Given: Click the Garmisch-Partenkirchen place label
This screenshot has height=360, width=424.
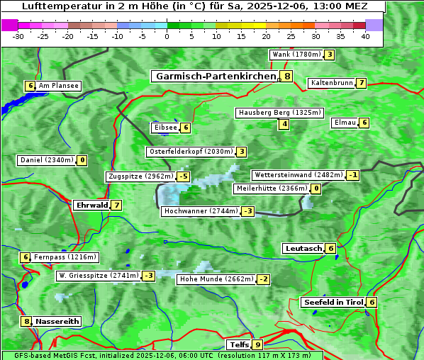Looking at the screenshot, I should (x=215, y=76).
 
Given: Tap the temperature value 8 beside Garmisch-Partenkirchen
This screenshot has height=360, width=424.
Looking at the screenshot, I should (x=286, y=76).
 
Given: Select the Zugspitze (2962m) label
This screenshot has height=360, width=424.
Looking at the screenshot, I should (x=140, y=176).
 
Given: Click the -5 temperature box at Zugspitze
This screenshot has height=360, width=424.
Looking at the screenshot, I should (x=184, y=176).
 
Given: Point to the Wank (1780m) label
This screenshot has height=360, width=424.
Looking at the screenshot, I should (x=296, y=55).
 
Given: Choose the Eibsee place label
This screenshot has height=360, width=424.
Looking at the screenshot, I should (x=164, y=128).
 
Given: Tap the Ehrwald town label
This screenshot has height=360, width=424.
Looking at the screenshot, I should (x=91, y=206).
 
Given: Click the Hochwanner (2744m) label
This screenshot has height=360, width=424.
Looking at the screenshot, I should (x=201, y=211).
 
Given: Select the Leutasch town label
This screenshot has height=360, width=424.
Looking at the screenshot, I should (x=303, y=249).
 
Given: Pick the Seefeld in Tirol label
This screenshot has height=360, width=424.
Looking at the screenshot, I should (x=333, y=302).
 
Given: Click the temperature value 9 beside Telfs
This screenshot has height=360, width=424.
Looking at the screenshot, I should (x=257, y=345).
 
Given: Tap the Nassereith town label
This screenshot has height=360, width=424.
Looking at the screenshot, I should (x=57, y=321).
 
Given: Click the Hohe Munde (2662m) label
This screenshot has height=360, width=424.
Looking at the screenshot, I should (x=216, y=279).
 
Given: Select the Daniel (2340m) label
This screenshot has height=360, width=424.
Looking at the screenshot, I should (x=46, y=160).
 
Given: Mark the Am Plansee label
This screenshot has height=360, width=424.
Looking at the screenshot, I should (x=58, y=86).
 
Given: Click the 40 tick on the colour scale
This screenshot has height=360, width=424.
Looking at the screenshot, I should (x=365, y=35).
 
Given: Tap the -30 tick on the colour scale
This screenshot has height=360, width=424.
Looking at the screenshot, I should (x=18, y=35).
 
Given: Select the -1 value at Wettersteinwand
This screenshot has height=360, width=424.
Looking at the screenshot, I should (x=353, y=175).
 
